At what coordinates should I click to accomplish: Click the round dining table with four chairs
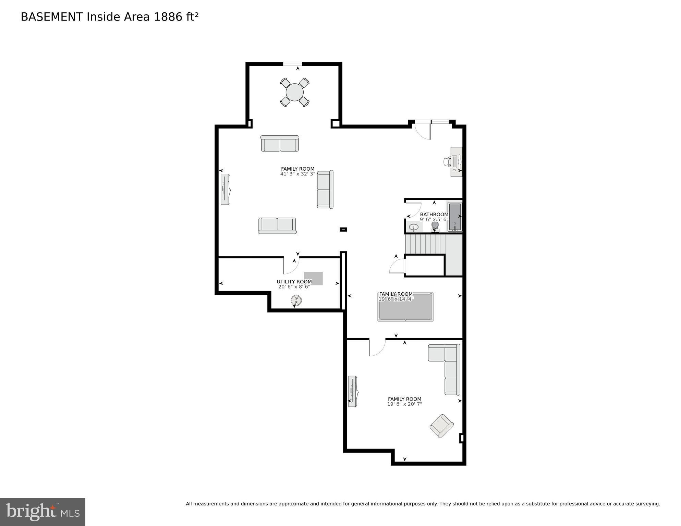click(x=295, y=92)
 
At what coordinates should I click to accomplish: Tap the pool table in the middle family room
click(x=405, y=307)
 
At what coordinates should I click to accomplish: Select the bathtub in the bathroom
click(x=455, y=217)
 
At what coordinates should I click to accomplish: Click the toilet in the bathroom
click(x=435, y=227)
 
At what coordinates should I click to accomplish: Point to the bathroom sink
click(x=414, y=227)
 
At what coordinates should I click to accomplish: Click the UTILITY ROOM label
click(x=294, y=282)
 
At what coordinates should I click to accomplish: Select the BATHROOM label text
click(x=434, y=215)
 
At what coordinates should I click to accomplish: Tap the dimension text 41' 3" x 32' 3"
click(x=297, y=174)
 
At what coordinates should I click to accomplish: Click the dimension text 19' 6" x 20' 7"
click(x=404, y=404)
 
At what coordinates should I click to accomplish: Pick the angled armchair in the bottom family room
click(x=442, y=426)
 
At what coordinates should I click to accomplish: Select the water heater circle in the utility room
click(x=296, y=301)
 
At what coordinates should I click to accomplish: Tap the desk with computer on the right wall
click(x=456, y=162)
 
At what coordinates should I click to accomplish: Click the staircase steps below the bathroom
click(x=425, y=244)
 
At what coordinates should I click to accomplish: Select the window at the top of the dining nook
click(x=292, y=64)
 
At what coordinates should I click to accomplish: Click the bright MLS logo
click(x=42, y=512)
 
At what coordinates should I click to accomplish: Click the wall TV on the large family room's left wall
click(x=225, y=189)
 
